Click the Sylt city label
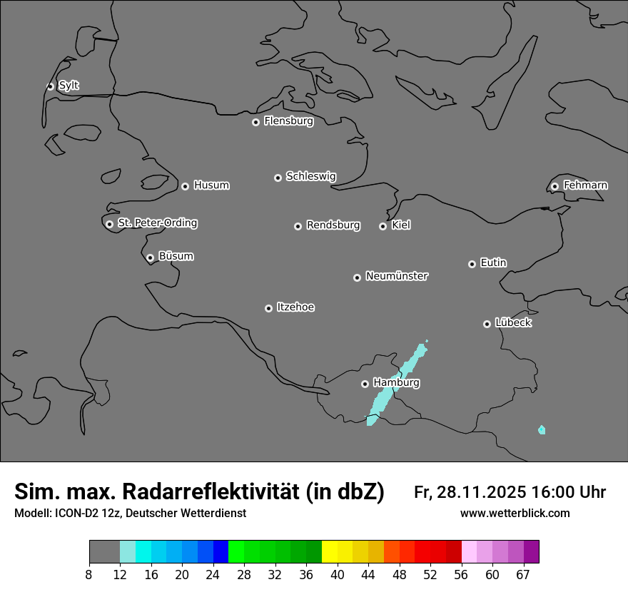tap(69, 86)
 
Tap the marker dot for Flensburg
tap(255, 122)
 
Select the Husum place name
tap(211, 185)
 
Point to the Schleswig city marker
tap(278, 178)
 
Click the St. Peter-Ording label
tap(157, 223)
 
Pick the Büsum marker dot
tap(150, 257)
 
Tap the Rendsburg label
tap(333, 225)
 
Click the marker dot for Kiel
tap(383, 226)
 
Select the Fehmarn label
tap(585, 185)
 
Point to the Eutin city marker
tap(472, 264)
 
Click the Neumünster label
tap(397, 276)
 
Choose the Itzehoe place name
tap(295, 307)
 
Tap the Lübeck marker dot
tap(487, 324)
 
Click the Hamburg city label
tap(396, 383)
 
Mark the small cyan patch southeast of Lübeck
tap(542, 429)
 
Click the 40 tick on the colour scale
tap(338, 575)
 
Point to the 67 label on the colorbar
tap(522, 575)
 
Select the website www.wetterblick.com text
tap(515, 514)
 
